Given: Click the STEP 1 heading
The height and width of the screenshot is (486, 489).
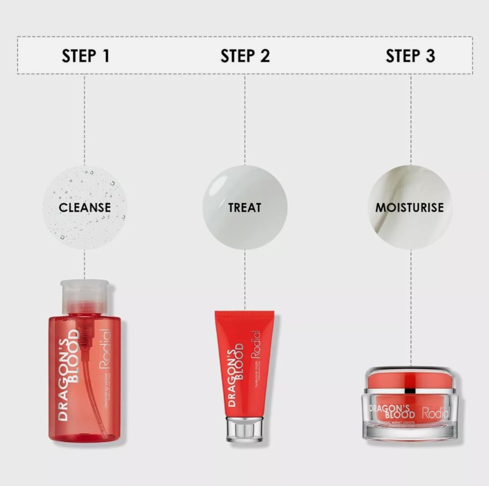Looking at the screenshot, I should [x=86, y=56].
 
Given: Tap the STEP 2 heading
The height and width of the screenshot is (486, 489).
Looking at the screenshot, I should [x=245, y=56].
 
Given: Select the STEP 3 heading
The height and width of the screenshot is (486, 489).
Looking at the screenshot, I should [x=410, y=56].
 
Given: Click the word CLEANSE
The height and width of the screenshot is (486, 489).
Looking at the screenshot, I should [x=85, y=207].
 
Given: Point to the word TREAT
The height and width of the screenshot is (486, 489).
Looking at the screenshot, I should [x=244, y=207].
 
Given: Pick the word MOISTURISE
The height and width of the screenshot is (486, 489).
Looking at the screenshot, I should [x=410, y=207].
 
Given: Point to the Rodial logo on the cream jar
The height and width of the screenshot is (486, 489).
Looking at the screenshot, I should [x=435, y=413].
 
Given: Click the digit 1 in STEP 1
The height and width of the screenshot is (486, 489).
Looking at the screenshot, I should [x=105, y=56].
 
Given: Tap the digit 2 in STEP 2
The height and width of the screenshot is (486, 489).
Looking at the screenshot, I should [x=265, y=56].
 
